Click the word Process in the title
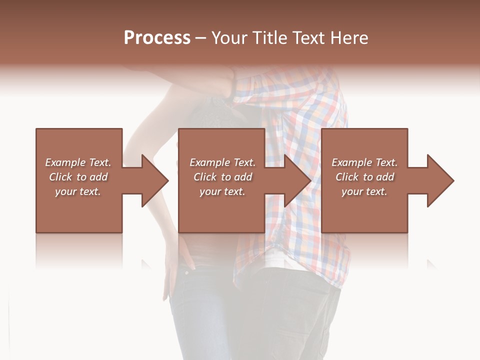tap(157, 38)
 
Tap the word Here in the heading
tap(349, 38)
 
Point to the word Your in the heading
tap(229, 38)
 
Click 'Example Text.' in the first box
tap(78, 162)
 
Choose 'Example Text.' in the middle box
tap(222, 162)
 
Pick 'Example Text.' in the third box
tap(364, 162)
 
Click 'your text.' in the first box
tap(78, 191)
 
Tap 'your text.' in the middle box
tap(222, 191)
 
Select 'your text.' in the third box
tap(364, 191)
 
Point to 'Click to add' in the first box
tap(78, 177)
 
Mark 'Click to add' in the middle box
tap(222, 177)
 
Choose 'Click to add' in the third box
tap(364, 177)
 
